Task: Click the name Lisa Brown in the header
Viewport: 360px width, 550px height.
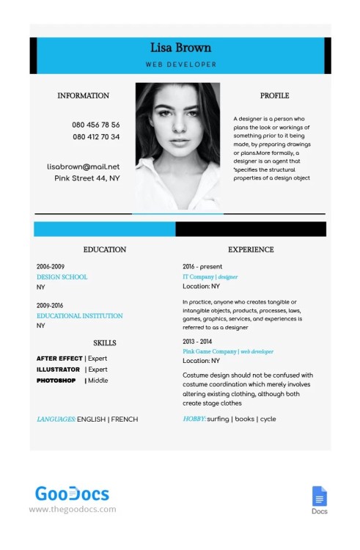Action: (180, 48)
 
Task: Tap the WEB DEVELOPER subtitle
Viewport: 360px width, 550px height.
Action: (180, 65)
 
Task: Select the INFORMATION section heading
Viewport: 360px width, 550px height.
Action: (83, 95)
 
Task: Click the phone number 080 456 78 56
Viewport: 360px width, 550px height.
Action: (96, 125)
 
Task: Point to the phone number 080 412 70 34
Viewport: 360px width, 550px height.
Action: (96, 137)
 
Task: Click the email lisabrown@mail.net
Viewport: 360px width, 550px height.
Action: (83, 166)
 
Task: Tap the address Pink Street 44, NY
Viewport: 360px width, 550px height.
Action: (87, 178)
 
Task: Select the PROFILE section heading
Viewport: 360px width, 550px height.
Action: (274, 95)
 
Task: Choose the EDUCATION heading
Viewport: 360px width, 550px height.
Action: (104, 250)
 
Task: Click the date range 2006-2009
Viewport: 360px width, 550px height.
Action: (51, 266)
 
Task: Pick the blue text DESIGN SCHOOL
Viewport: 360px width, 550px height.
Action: (62, 277)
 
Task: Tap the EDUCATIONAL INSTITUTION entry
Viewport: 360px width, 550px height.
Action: (79, 316)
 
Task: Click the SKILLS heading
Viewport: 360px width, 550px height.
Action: (104, 342)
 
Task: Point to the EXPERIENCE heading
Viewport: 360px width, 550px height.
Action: (251, 250)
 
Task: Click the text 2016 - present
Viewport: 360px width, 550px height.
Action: (202, 266)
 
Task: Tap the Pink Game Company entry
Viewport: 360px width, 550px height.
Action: (208, 351)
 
